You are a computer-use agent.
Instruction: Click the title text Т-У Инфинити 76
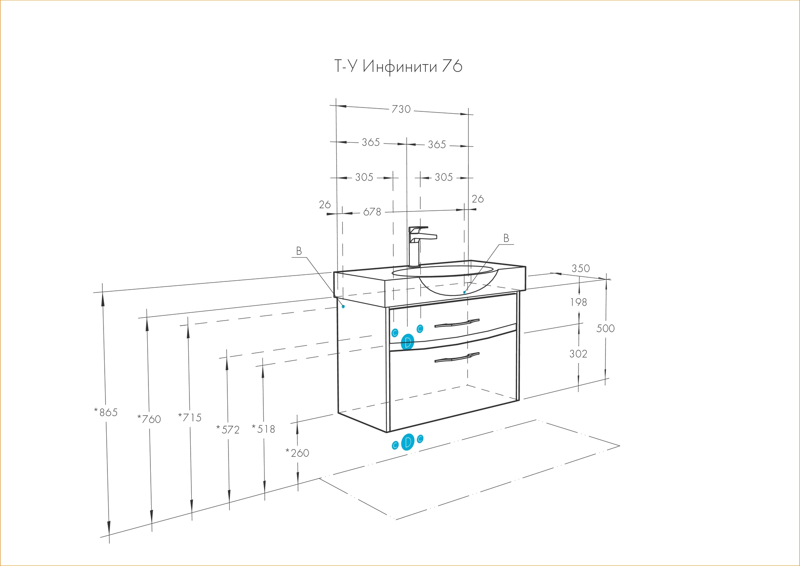click(398, 66)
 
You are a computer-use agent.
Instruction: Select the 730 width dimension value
click(401, 109)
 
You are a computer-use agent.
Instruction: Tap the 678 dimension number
click(372, 212)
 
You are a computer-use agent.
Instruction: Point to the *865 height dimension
click(106, 412)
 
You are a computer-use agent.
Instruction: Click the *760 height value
click(149, 419)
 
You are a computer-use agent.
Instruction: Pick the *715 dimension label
click(190, 417)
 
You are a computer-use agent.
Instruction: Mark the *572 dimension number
click(228, 430)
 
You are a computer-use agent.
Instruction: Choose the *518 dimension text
click(264, 429)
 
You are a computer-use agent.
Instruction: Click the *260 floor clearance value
click(298, 453)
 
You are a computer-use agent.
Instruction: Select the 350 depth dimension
click(580, 269)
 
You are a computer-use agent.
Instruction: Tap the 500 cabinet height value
click(605, 328)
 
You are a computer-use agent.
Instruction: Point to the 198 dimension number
click(579, 302)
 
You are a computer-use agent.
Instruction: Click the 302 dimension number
click(578, 354)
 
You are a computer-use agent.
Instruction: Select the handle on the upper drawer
click(457, 322)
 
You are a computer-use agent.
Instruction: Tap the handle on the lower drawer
click(457, 357)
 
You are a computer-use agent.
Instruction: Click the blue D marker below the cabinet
click(407, 442)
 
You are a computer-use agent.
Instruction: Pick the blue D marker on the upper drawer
click(407, 342)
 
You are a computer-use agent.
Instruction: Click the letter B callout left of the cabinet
click(299, 251)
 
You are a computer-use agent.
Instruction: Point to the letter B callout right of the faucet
click(506, 238)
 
